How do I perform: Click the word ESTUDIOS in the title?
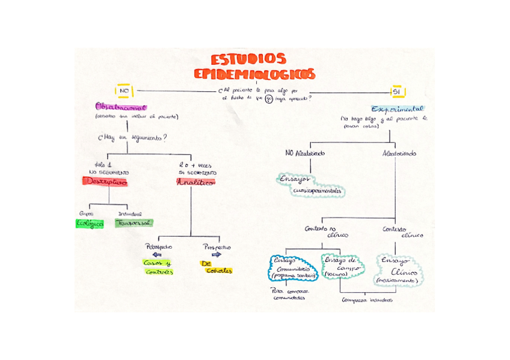point(248,59)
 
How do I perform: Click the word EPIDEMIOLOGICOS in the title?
point(254,74)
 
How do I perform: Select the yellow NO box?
point(124,91)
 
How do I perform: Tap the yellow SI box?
point(396,92)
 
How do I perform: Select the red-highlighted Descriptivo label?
point(105,182)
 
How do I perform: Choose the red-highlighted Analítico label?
point(195,182)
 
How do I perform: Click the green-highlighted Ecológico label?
point(90,223)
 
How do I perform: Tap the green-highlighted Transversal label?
point(134,222)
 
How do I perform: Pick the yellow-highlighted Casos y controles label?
point(158,267)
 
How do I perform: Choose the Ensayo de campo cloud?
point(342,265)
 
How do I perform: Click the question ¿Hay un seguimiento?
point(132,138)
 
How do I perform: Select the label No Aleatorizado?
point(305,153)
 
